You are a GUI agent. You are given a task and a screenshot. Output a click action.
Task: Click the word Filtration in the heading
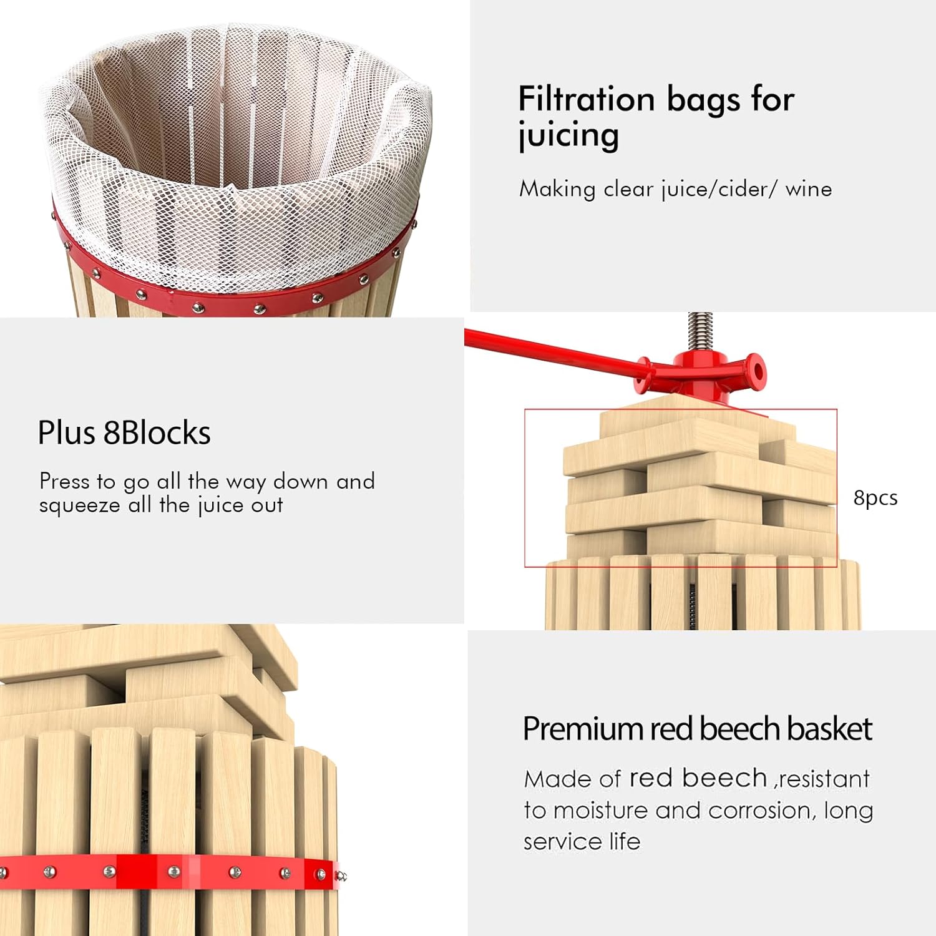coord(587,99)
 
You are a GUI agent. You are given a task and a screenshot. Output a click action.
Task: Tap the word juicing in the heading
coord(568,136)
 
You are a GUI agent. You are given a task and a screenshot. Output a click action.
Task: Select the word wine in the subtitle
coord(808,188)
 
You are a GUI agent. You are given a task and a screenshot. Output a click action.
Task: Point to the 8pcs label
coord(875,498)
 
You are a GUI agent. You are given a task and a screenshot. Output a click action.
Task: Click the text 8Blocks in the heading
coord(157,432)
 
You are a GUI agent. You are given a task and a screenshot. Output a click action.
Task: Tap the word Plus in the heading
coord(67,432)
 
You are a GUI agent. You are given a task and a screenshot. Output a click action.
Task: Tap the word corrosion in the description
coord(761,810)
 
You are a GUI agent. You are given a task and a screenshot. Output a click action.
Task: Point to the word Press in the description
coord(64,481)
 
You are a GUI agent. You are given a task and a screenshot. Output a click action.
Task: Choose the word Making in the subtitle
coord(557,188)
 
